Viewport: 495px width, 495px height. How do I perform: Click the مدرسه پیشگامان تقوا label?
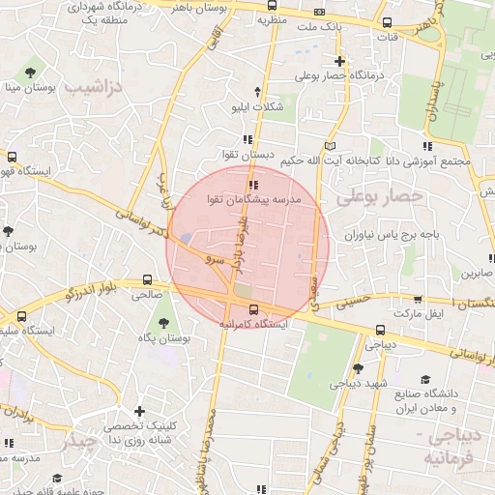[254, 198]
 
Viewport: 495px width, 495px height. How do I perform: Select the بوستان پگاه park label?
[164, 337]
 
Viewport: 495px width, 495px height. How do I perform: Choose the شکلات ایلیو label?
[260, 106]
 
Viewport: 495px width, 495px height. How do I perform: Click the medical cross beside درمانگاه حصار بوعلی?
[339, 61]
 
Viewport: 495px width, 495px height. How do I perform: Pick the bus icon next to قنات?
[388, 22]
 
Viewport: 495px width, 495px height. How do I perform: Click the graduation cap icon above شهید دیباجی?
[358, 368]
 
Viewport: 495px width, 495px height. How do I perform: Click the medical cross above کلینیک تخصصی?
[141, 411]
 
